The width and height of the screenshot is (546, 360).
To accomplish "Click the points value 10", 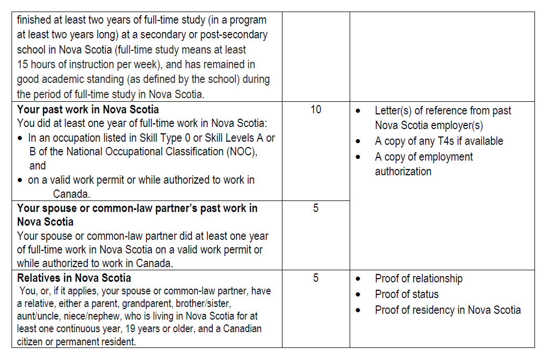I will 316,110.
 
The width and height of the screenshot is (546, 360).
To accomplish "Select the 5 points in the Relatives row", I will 316,278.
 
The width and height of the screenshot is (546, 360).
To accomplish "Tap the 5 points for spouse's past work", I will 316,208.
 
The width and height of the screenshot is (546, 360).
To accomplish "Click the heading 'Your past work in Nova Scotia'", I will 88,110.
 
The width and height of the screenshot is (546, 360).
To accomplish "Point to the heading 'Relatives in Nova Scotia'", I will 74,278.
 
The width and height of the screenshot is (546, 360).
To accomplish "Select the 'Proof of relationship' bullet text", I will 418,279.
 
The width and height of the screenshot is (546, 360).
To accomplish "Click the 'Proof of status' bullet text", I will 406,294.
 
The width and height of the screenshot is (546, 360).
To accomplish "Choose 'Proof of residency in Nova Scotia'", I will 447,310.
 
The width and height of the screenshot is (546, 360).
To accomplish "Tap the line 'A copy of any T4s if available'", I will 439,141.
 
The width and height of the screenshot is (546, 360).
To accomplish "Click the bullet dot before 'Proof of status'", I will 358,295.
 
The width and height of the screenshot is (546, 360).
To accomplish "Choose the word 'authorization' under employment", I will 403,172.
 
